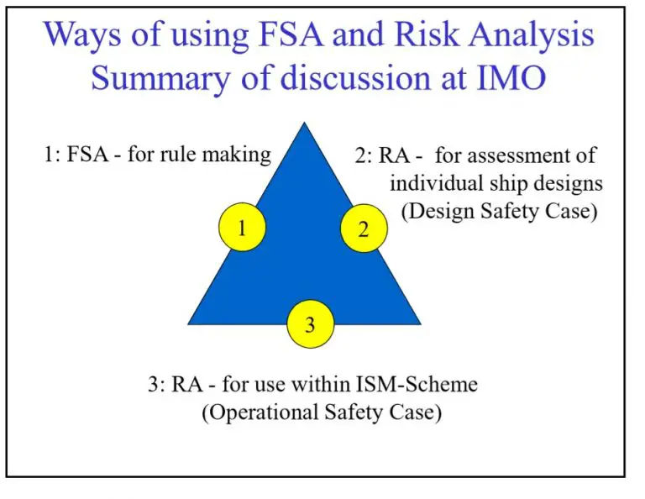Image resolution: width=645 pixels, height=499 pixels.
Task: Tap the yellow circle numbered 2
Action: tap(364, 229)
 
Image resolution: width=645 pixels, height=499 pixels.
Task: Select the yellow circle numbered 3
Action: tap(311, 324)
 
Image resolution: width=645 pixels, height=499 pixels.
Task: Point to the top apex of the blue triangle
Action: tap(304, 123)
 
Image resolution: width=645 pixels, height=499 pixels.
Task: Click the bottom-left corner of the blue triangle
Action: tap(189, 323)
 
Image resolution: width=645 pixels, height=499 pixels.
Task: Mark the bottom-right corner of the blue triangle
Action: tap(420, 323)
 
